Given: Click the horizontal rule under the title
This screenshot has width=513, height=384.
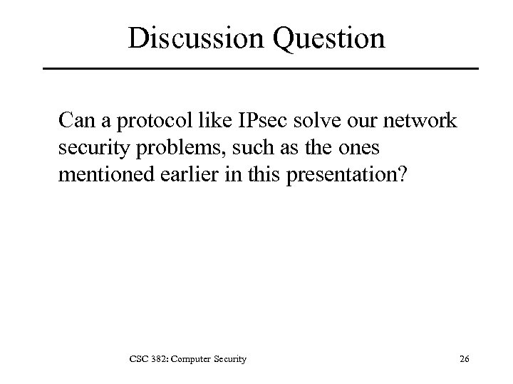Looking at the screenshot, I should coord(261,69).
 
